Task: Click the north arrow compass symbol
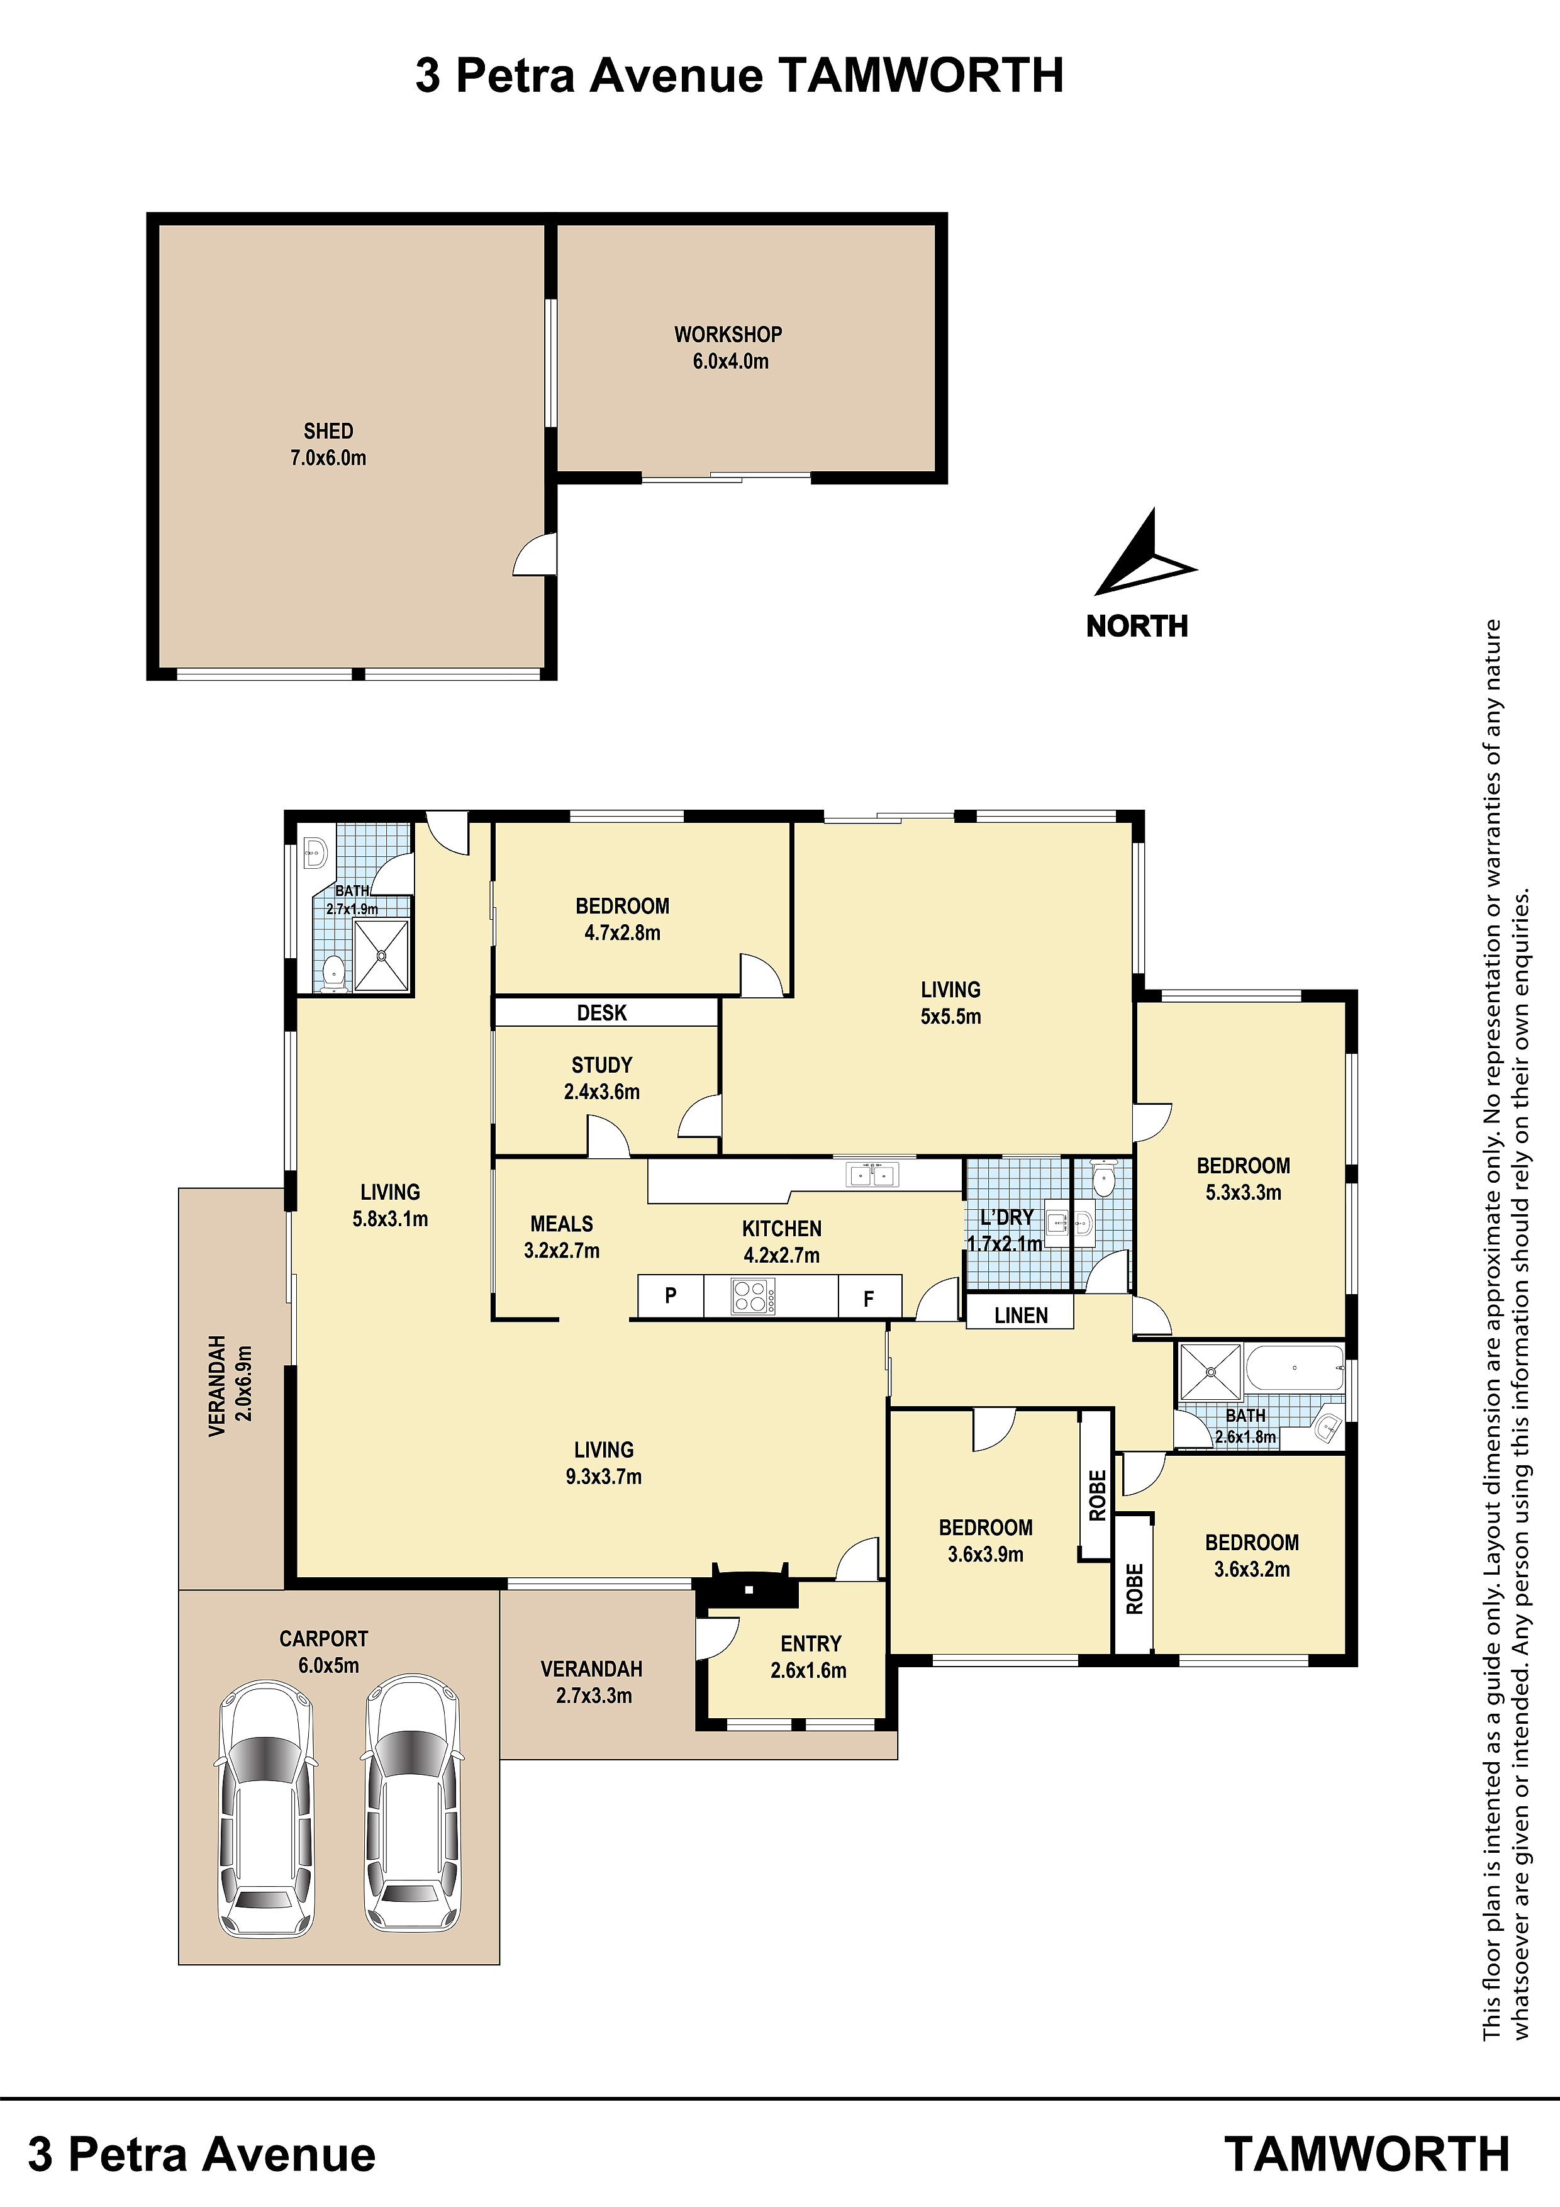tap(1144, 562)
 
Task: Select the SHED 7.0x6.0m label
tap(329, 444)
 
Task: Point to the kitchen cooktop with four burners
tap(752, 1297)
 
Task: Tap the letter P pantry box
tap(671, 1296)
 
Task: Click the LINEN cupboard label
tap(1021, 1315)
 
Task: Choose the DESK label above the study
tap(602, 1012)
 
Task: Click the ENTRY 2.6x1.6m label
tap(810, 1657)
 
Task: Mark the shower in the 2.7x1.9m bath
tap(382, 956)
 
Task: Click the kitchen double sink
tap(872, 1175)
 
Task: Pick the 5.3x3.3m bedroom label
tap(1244, 1180)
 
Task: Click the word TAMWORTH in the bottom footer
tap(1367, 2154)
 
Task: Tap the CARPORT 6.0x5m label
tap(324, 1652)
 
